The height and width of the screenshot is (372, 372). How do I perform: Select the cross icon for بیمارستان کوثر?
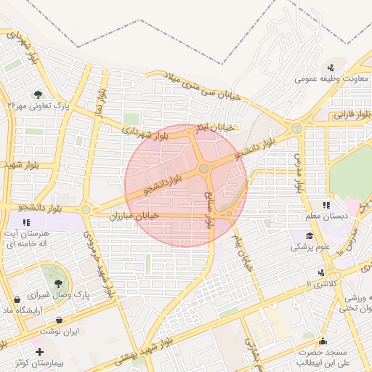(39, 352)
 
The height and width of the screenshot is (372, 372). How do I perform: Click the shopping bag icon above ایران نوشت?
(59, 320)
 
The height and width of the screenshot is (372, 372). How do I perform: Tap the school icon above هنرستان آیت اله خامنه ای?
(26, 222)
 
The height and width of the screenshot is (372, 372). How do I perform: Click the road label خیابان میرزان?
(132, 216)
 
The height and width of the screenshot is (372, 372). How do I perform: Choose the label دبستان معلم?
(327, 216)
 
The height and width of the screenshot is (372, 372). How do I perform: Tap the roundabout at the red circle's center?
(204, 169)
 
